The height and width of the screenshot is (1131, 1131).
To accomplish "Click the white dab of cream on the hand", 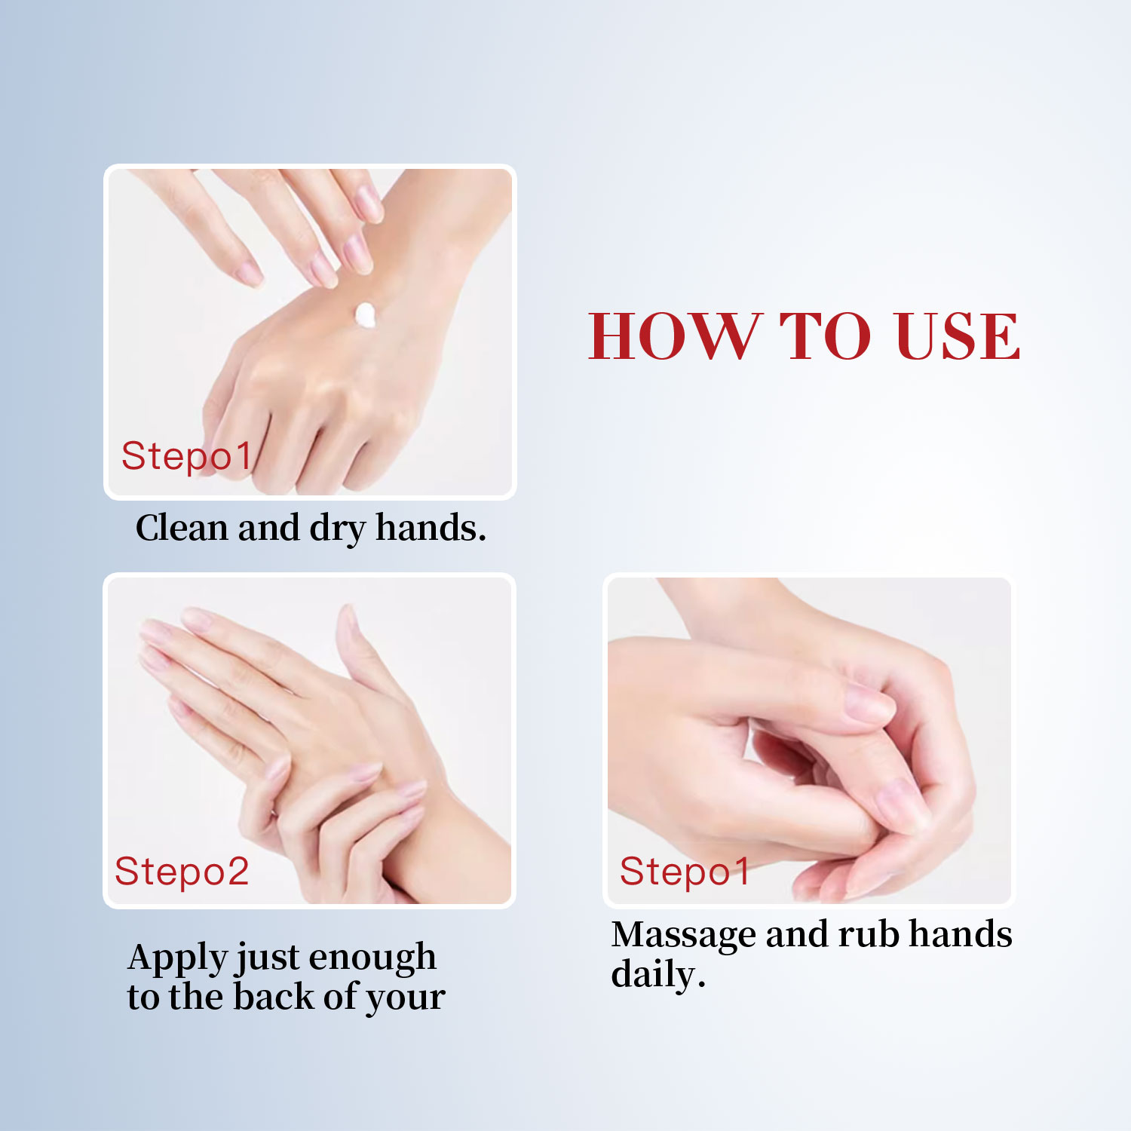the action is click(x=365, y=314).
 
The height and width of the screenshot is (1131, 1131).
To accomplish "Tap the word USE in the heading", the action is click(x=956, y=336).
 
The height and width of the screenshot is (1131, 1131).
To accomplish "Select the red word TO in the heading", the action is click(x=826, y=336).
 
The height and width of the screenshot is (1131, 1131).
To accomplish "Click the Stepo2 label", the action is click(x=182, y=872).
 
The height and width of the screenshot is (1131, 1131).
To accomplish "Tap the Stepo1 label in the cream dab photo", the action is click(x=185, y=456).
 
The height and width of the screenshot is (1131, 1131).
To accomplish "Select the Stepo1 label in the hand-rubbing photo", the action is click(x=685, y=872).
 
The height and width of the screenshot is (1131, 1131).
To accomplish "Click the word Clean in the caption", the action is click(x=182, y=528).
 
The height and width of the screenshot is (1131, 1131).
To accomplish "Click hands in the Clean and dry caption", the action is click(x=431, y=528).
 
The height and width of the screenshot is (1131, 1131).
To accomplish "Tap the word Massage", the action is click(x=683, y=935).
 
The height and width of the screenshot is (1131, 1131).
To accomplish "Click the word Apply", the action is click(x=177, y=958).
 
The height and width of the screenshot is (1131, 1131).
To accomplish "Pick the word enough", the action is click(x=372, y=958).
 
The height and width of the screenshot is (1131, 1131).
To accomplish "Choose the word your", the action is click(x=406, y=999).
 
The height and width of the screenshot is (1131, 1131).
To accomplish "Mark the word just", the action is click(x=268, y=958).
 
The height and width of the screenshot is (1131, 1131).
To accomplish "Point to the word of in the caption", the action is click(x=340, y=996).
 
